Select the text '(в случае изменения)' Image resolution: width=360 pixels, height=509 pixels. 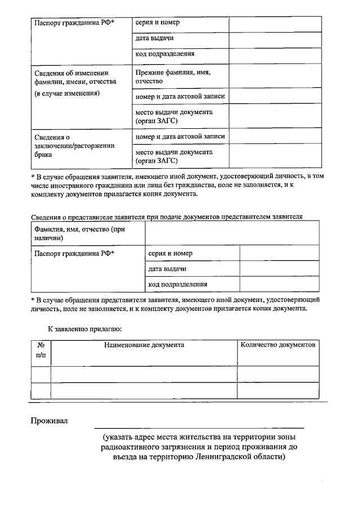click(66, 93)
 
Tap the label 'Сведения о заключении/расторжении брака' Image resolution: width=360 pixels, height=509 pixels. click(74, 145)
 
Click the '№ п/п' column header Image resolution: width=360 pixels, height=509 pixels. click(40, 350)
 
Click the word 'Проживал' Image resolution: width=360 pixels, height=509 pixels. click(49, 421)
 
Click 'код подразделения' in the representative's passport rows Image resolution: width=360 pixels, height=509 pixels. click(178, 285)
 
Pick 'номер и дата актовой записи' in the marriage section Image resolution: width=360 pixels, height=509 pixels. click(180, 137)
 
